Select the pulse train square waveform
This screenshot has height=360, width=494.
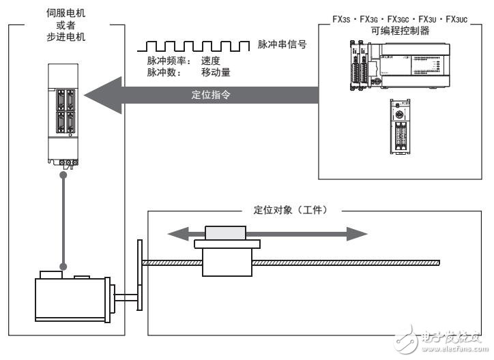[x=192, y=46]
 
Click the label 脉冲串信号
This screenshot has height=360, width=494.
[x=281, y=45]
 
